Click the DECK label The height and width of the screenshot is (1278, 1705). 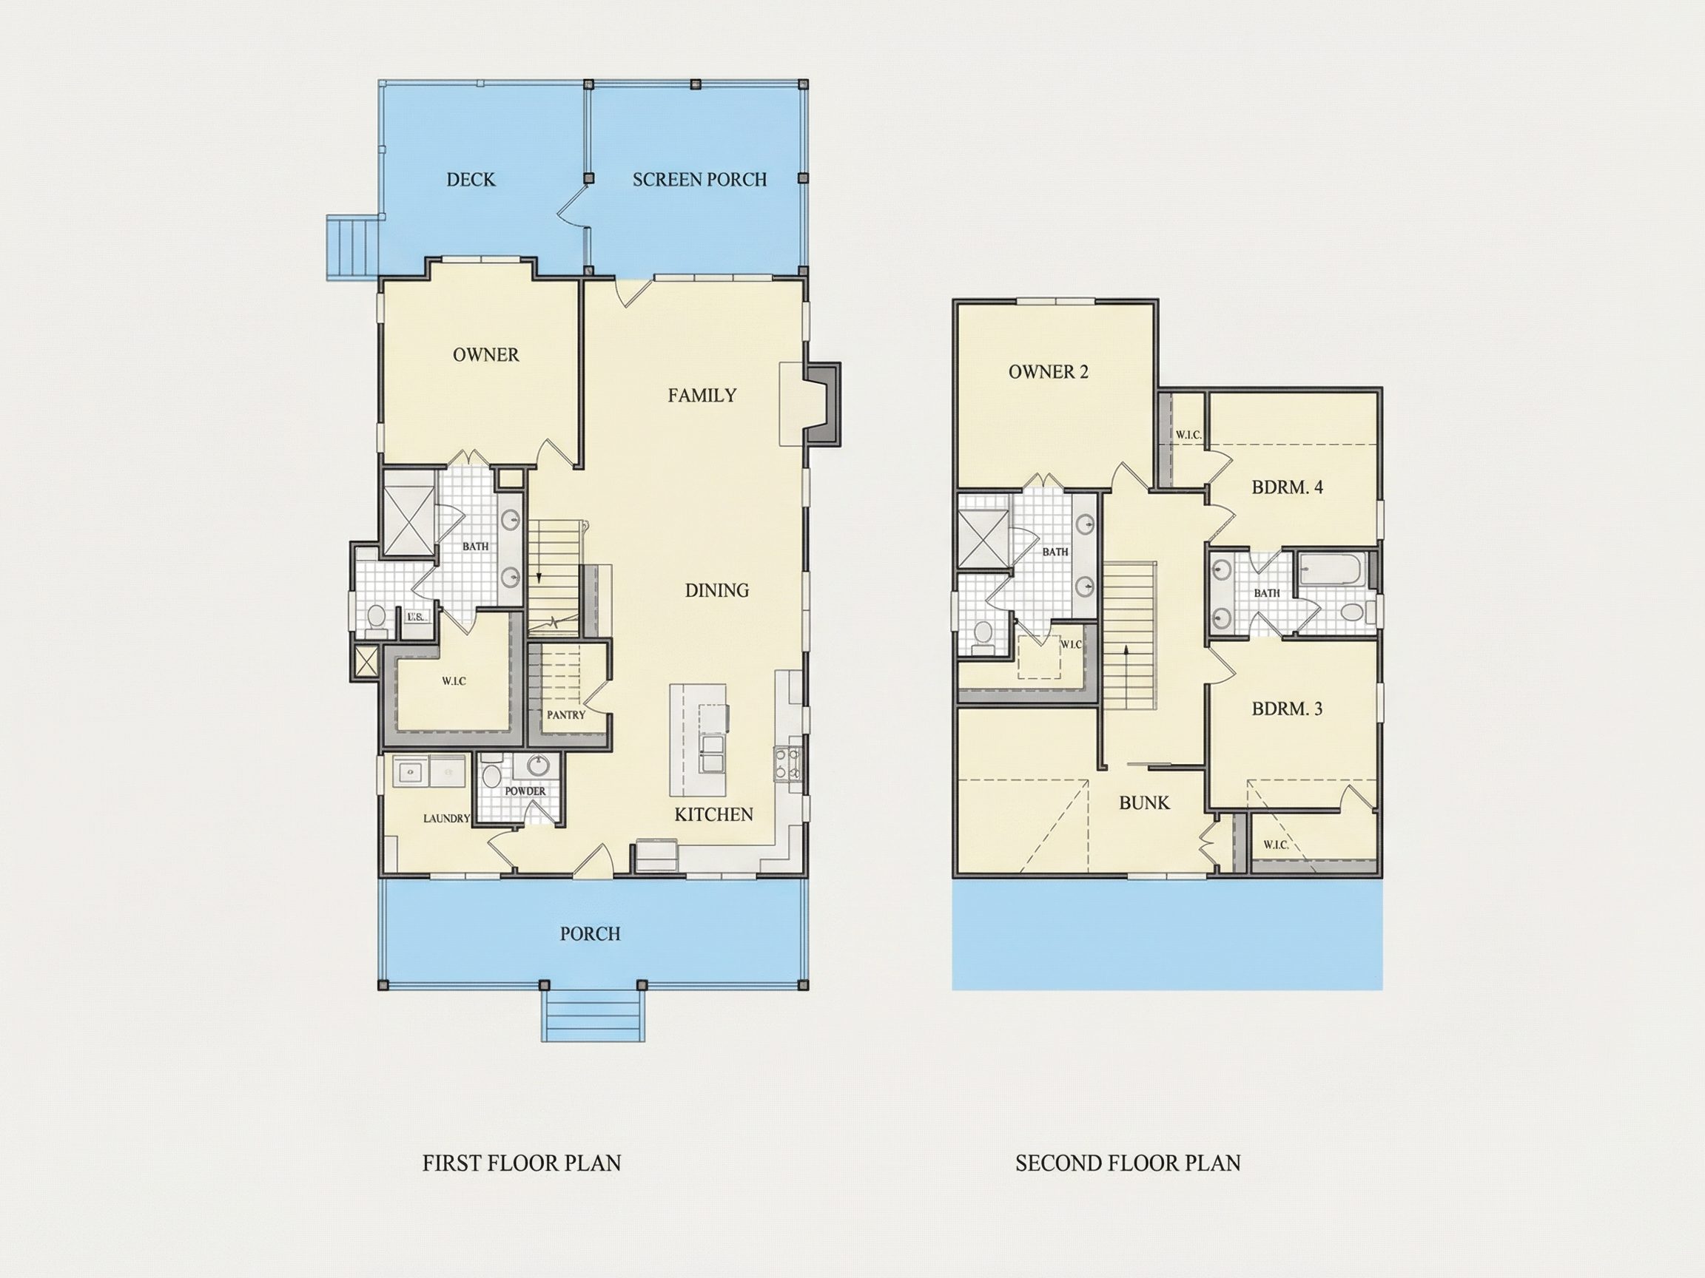471,180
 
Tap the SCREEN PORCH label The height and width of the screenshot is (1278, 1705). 700,180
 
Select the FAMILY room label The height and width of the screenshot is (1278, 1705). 702,395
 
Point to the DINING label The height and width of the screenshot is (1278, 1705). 717,590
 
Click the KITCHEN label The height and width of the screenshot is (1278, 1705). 714,814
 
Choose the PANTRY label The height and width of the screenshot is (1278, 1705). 567,715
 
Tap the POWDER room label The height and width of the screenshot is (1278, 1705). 525,791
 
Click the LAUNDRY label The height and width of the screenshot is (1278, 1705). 446,818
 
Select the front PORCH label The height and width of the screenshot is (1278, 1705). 591,933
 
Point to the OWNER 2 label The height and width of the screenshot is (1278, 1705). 1049,372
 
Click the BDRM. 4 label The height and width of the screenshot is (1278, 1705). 1287,487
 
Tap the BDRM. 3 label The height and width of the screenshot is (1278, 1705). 1287,709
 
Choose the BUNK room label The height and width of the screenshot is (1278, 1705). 1145,802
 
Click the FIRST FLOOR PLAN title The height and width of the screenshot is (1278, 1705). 522,1163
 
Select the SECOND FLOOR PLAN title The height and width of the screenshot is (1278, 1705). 1128,1163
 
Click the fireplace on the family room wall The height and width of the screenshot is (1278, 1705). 821,404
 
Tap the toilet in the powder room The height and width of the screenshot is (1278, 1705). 491,775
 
